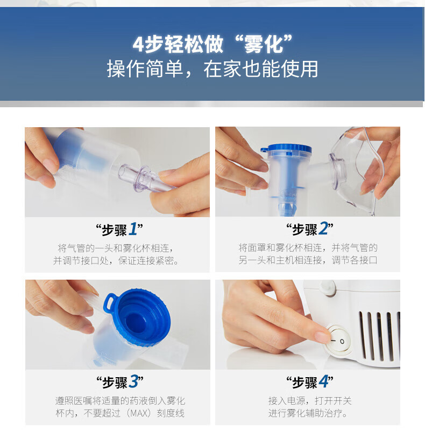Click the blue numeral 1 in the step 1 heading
(133, 229)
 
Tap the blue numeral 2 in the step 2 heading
(323, 229)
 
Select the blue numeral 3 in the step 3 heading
(133, 381)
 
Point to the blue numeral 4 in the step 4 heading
(324, 381)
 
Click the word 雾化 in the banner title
(264, 45)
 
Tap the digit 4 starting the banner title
(138, 45)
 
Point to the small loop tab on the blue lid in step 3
(109, 303)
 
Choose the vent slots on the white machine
(379, 336)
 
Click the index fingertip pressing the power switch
(323, 337)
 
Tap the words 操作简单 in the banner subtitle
(145, 69)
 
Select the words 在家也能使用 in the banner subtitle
(261, 69)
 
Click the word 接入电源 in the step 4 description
(287, 401)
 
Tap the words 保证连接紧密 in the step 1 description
(145, 260)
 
